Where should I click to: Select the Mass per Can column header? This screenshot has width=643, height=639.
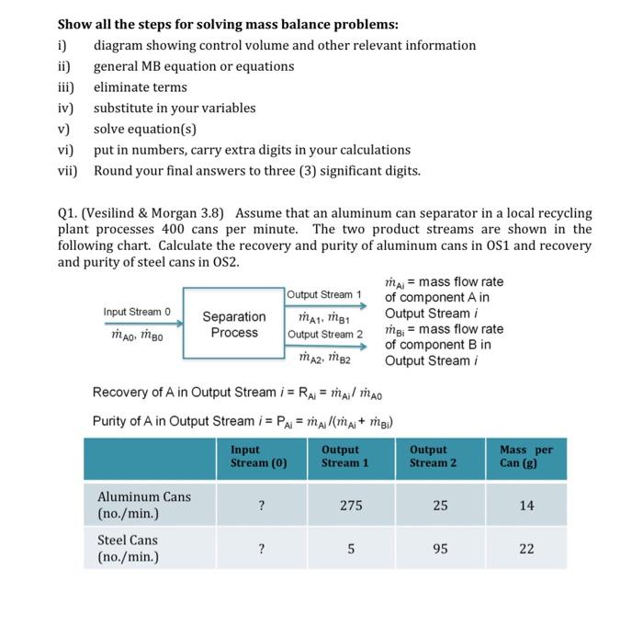[x=525, y=456]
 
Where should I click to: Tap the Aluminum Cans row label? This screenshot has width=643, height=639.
[x=144, y=505]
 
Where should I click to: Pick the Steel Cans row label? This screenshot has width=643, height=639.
[x=128, y=548]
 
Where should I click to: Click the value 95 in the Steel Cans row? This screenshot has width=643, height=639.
[x=440, y=549]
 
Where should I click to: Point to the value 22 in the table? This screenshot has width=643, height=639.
[x=526, y=549]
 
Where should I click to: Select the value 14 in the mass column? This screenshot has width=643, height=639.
[x=526, y=506]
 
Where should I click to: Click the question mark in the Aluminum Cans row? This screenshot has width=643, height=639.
[x=262, y=506]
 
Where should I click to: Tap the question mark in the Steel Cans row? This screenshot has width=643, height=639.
[x=262, y=549]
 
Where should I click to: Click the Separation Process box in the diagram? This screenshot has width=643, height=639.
[x=234, y=325]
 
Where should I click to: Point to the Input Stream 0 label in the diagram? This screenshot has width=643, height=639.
[x=137, y=313]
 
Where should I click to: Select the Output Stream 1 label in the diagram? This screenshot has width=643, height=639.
[x=325, y=294]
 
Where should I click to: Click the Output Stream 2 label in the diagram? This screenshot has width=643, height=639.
[x=325, y=333]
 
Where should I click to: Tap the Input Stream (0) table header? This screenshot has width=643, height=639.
[x=259, y=456]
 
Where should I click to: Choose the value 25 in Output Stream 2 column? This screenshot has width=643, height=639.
[x=440, y=506]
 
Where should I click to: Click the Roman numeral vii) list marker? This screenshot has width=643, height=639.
[x=68, y=170]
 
